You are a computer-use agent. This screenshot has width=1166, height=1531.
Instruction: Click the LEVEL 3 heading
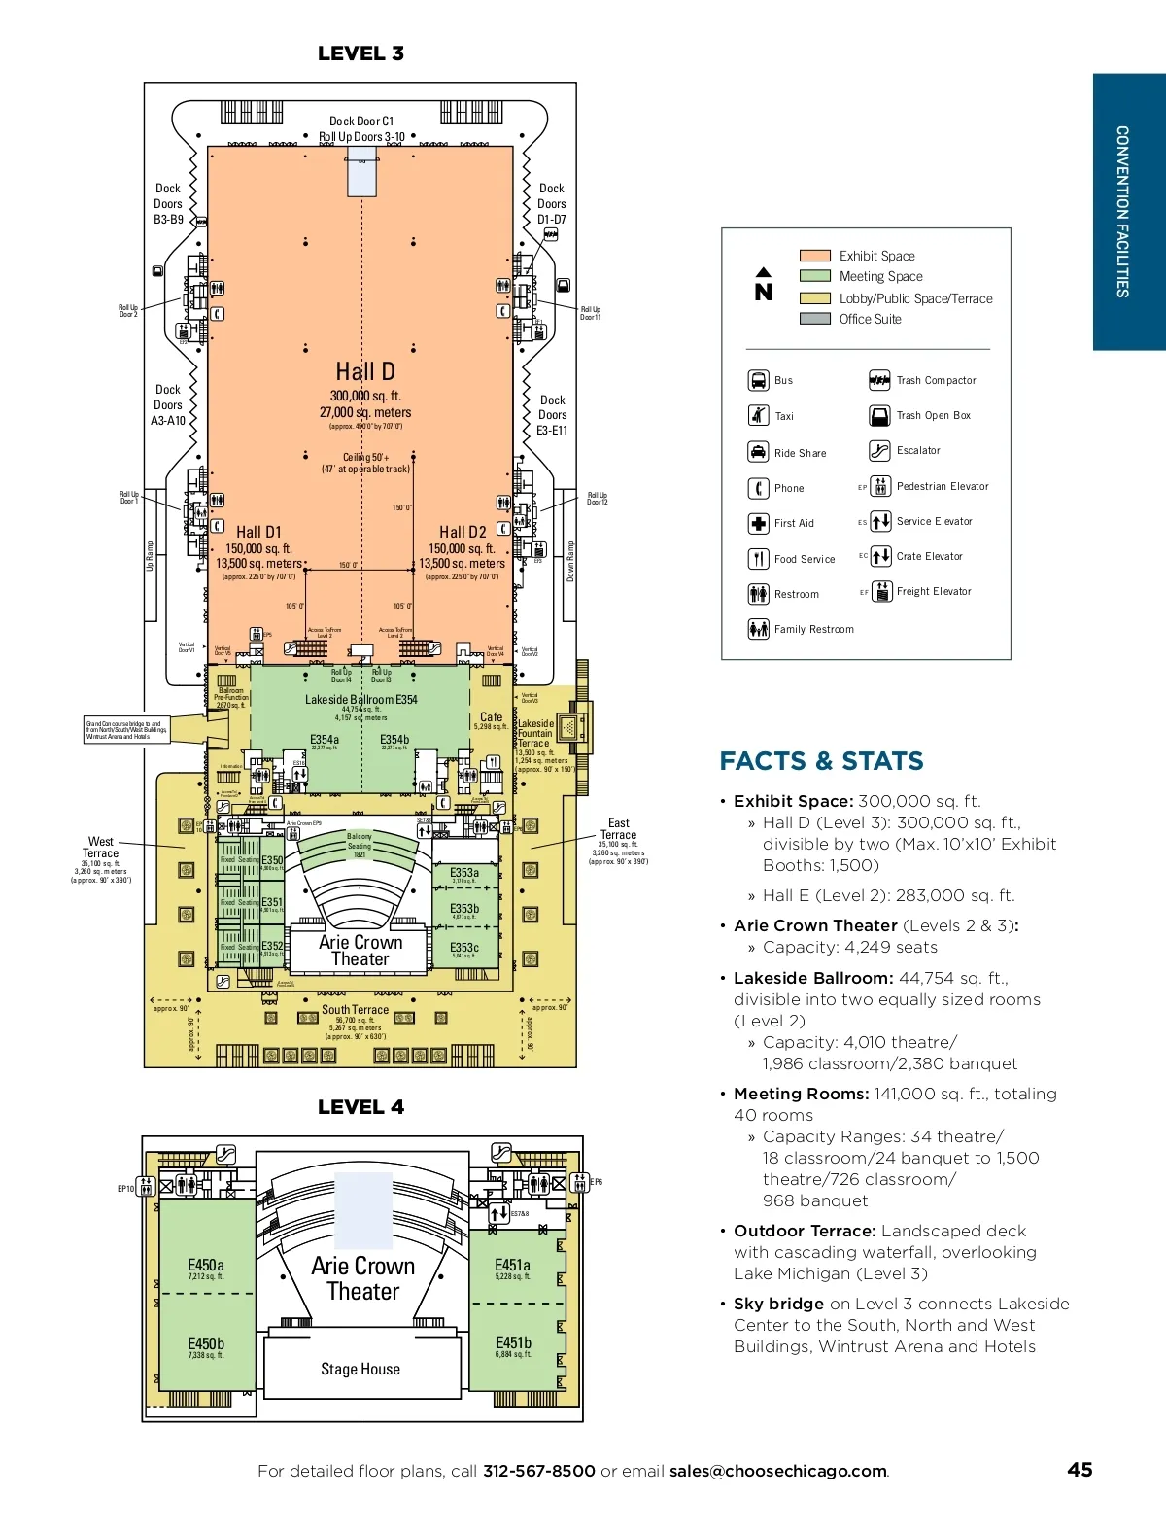point(360,53)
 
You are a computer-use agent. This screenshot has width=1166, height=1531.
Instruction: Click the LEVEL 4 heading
point(360,1107)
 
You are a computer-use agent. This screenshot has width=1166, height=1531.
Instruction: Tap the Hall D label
point(365,371)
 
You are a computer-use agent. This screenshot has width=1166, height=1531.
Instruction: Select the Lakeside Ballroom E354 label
point(361,699)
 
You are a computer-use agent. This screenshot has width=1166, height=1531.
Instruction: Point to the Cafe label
point(492,717)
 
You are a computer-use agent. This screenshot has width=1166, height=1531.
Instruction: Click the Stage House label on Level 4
point(360,1369)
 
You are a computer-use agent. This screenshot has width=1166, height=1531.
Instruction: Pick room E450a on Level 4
point(206,1266)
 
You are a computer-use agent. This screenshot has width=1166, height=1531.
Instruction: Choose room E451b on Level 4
point(513,1342)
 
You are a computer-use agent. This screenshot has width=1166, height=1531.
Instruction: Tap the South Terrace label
point(356,1010)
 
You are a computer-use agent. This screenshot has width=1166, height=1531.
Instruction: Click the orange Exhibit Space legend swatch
point(814,256)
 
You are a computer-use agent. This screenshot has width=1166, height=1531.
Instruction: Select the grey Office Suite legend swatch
point(814,319)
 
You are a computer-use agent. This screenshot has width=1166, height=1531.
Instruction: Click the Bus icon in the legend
point(758,380)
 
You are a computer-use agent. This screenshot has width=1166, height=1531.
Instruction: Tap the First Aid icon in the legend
point(758,523)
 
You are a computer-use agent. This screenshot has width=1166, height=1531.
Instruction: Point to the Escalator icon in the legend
point(879,450)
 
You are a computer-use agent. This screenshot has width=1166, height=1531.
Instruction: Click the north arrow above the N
point(764,272)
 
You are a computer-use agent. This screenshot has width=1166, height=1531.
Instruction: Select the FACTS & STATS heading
point(821,761)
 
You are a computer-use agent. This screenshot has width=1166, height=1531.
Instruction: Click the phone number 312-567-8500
point(538,1471)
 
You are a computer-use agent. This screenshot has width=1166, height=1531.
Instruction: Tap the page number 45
point(1080,1470)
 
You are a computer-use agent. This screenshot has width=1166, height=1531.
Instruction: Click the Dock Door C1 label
point(361,122)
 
